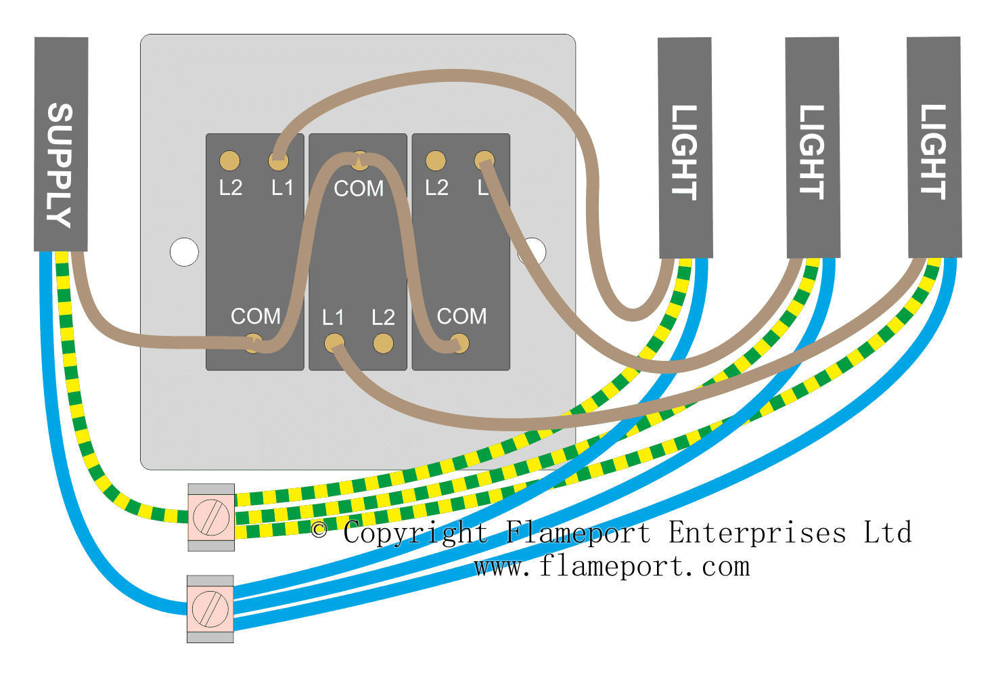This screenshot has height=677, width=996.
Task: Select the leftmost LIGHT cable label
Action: tap(684, 152)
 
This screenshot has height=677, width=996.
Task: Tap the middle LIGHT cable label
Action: tap(812, 152)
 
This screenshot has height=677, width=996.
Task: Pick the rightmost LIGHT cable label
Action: tap(933, 152)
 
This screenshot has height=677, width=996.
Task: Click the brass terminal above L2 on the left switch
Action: tap(230, 161)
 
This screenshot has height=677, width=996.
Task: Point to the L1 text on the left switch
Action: tap(282, 188)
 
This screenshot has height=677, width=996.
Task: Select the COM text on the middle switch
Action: tap(359, 188)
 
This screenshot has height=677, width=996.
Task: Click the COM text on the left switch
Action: tap(255, 316)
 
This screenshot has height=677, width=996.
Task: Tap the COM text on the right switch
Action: tap(461, 316)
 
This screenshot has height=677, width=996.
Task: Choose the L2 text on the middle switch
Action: tap(383, 317)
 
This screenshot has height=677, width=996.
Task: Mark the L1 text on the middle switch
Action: tap(333, 317)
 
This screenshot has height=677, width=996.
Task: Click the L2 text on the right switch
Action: tap(436, 188)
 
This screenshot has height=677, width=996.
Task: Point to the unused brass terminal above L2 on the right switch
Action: tap(436, 161)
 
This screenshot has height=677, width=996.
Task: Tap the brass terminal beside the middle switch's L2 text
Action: tap(383, 343)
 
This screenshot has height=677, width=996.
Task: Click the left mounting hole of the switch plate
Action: tap(184, 252)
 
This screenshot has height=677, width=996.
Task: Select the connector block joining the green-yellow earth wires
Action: tap(211, 517)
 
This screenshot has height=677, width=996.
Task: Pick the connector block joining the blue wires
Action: tap(210, 609)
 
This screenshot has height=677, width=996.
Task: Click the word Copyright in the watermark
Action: tap(415, 533)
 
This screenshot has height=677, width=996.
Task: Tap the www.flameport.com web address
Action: tap(612, 566)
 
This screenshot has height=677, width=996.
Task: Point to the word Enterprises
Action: tap(757, 533)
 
